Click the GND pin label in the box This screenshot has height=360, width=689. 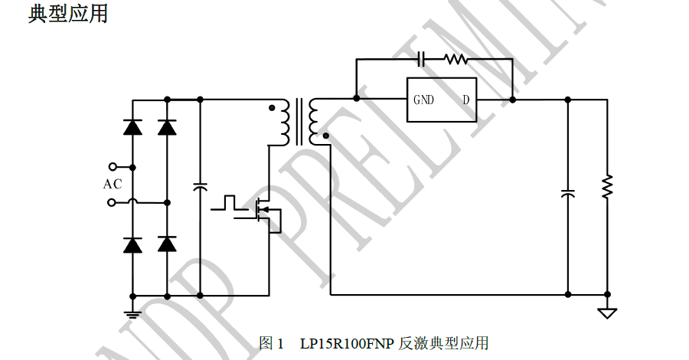pyautogui.click(x=423, y=100)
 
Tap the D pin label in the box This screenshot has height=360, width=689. pyautogui.click(x=465, y=100)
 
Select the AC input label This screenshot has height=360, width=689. pyautogui.click(x=113, y=184)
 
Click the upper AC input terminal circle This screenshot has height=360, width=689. pyautogui.click(x=113, y=166)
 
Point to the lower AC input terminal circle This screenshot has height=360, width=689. pyautogui.click(x=112, y=202)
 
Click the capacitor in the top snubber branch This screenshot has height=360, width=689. pyautogui.click(x=421, y=58)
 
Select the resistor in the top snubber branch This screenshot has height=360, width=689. pyautogui.click(x=456, y=58)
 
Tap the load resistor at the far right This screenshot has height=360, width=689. pyautogui.click(x=607, y=186)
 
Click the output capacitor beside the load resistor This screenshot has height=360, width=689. pyautogui.click(x=568, y=193)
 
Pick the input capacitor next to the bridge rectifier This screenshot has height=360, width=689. pyautogui.click(x=200, y=187)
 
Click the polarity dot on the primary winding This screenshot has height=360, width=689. pyautogui.click(x=272, y=108)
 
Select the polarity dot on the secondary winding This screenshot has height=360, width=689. pyautogui.click(x=325, y=136)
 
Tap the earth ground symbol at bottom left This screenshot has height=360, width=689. pyautogui.click(x=132, y=314)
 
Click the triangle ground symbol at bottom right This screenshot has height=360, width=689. pyautogui.click(x=607, y=313)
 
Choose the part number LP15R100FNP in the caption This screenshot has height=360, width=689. pyautogui.click(x=347, y=343)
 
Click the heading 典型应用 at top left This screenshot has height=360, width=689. pyautogui.click(x=68, y=13)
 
